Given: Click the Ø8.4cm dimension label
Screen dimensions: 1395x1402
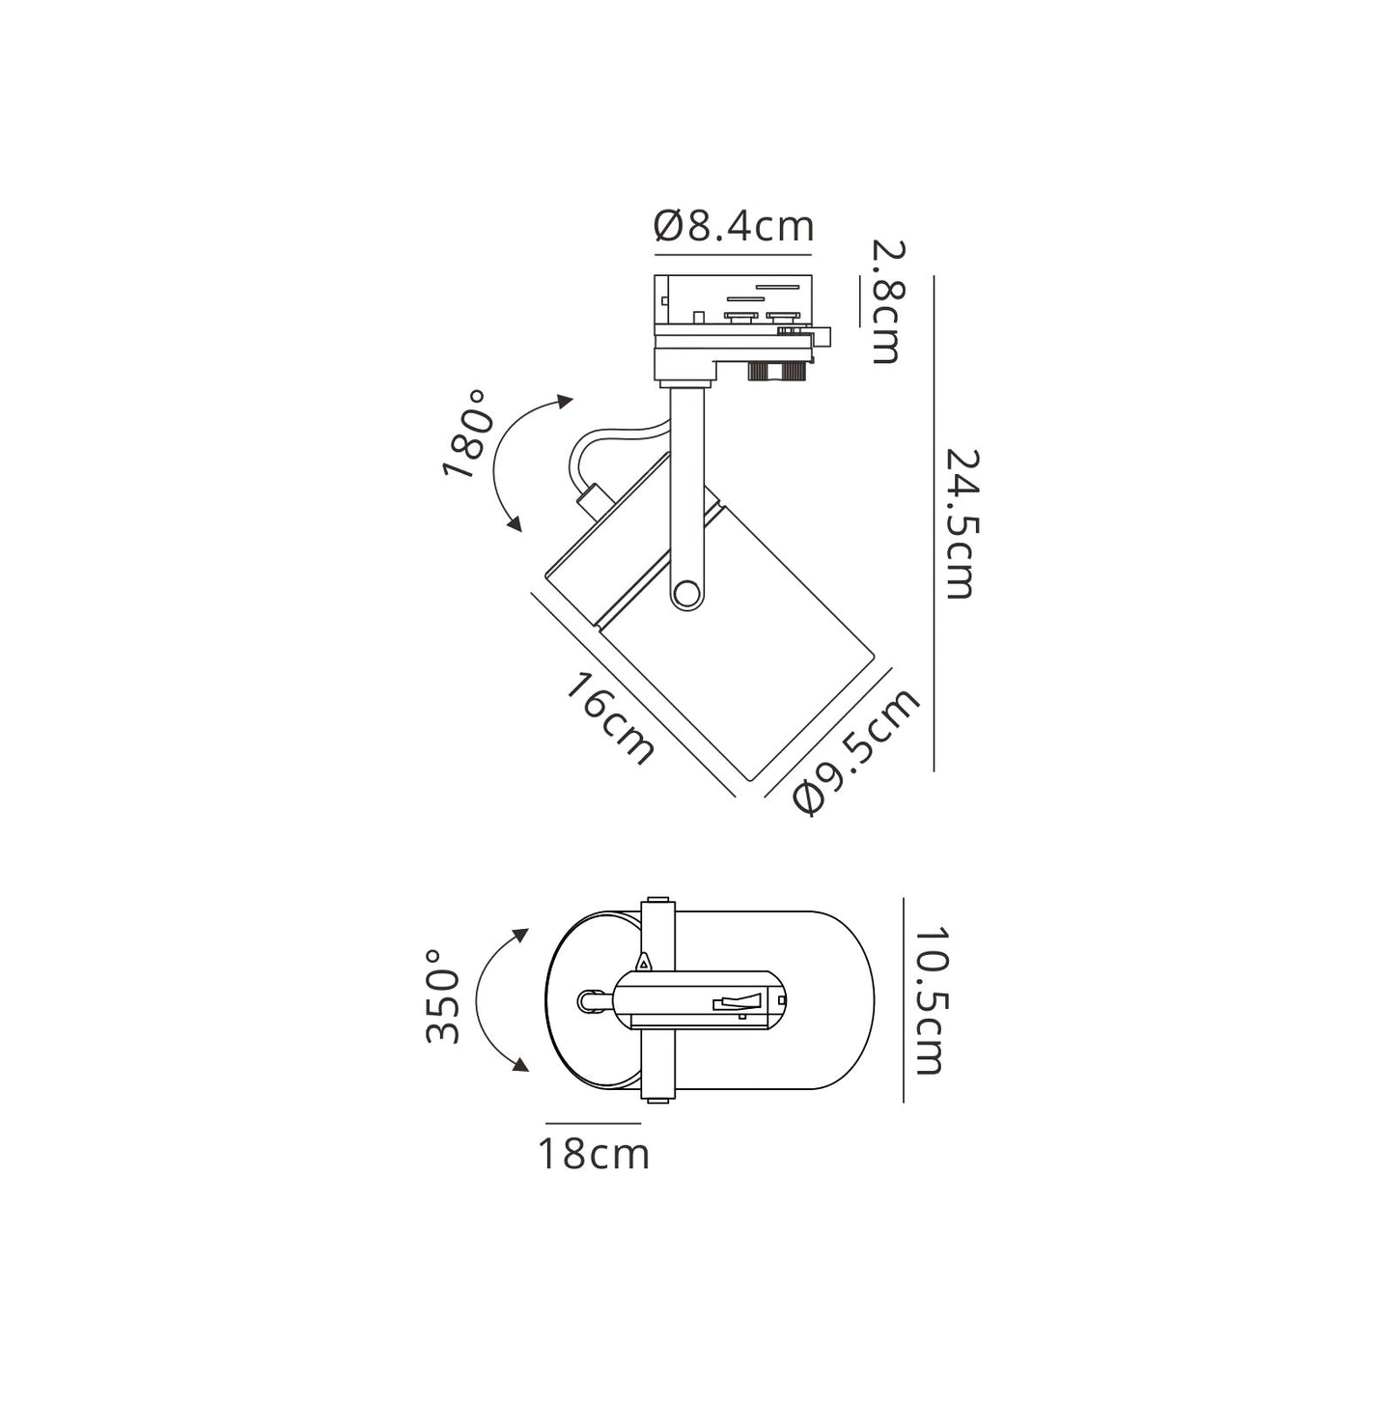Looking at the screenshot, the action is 733,226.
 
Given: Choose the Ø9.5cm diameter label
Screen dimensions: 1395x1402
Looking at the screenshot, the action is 857,750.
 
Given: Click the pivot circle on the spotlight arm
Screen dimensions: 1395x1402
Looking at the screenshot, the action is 684,595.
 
